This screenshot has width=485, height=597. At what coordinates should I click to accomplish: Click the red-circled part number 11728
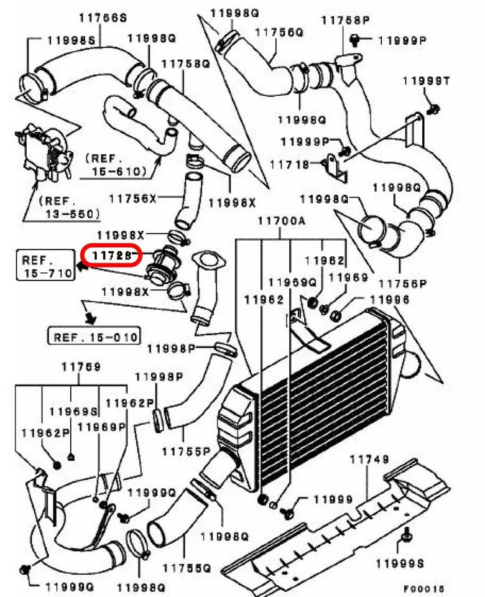pyautogui.click(x=113, y=255)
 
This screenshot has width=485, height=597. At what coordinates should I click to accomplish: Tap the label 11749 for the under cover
pyautogui.click(x=369, y=460)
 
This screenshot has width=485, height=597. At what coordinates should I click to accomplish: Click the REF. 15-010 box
pyautogui.click(x=95, y=337)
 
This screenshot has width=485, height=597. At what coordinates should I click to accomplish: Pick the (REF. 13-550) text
pyautogui.click(x=68, y=208)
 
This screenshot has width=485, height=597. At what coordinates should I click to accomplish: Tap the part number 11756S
pyautogui.click(x=103, y=16)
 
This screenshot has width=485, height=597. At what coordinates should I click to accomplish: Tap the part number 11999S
pyautogui.click(x=399, y=563)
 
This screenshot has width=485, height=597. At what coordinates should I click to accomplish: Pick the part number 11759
pyautogui.click(x=80, y=367)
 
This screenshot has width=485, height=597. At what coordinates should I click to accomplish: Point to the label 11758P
pyautogui.click(x=345, y=21)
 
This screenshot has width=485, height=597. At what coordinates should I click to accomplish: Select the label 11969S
pyautogui.click(x=73, y=411)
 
